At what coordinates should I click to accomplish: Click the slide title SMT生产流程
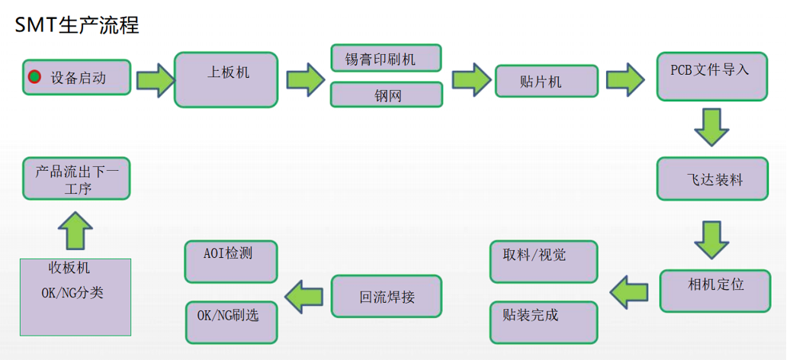pyautogui.click(x=77, y=24)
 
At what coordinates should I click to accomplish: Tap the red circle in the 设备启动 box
pyautogui.click(x=34, y=77)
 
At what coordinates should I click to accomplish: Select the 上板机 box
pyautogui.click(x=226, y=79)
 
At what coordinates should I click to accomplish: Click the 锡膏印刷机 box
pyautogui.click(x=387, y=57)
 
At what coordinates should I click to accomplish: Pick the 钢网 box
pyautogui.click(x=387, y=95)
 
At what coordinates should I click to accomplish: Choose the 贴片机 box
pyautogui.click(x=546, y=81)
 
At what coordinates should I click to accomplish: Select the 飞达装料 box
pyautogui.click(x=712, y=179)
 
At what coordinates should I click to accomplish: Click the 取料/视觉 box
pyautogui.click(x=543, y=262)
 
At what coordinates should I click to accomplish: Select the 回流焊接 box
pyautogui.click(x=387, y=296)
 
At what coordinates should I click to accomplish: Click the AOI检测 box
pyautogui.click(x=231, y=261)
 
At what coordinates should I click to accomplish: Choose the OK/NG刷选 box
pyautogui.click(x=231, y=321)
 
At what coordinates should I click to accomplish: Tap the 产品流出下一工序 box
pyautogui.click(x=75, y=179)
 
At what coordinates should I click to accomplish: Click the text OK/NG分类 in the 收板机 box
pyautogui.click(x=72, y=293)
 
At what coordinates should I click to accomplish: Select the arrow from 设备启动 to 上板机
pyautogui.click(x=155, y=79)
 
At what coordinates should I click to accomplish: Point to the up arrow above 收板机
pyautogui.click(x=75, y=230)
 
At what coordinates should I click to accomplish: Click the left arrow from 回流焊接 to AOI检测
pyautogui.click(x=304, y=296)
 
